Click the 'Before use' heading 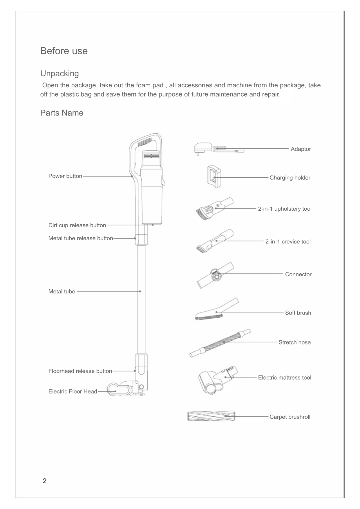pos(64,51)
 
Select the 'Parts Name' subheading pos(62,113)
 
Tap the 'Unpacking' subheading pos(59,73)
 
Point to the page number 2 pos(44,481)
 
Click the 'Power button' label pos(65,176)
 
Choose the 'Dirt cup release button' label pos(77,225)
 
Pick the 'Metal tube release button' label pos(81,238)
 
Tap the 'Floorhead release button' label pos(80,371)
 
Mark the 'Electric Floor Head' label pos(73,391)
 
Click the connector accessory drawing pos(215,275)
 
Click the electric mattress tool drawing pos(218,379)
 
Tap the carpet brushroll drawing pos(211,416)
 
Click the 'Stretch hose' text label pos(294,342)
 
